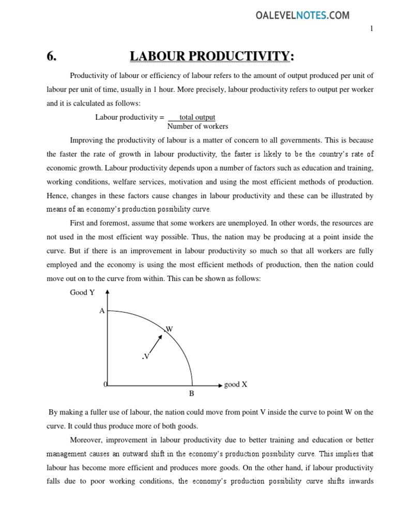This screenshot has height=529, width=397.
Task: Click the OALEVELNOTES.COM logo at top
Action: [302, 15]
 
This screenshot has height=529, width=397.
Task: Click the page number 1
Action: [371, 29]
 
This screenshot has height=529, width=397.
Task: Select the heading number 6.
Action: [51, 57]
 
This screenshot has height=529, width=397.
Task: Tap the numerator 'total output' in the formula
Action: [197, 117]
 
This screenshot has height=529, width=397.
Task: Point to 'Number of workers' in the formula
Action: [197, 127]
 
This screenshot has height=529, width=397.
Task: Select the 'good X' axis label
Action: [236, 385]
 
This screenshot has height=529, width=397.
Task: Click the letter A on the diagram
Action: [102, 311]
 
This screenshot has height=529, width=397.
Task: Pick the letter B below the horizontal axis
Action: [191, 394]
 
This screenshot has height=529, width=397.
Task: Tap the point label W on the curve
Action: [169, 329]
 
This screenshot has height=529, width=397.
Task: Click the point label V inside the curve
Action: [146, 356]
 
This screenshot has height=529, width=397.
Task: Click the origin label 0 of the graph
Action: [105, 385]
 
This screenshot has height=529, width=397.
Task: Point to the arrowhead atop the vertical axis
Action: [108, 292]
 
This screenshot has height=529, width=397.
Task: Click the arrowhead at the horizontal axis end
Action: [219, 385]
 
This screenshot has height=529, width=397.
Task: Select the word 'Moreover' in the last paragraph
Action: [85, 440]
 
